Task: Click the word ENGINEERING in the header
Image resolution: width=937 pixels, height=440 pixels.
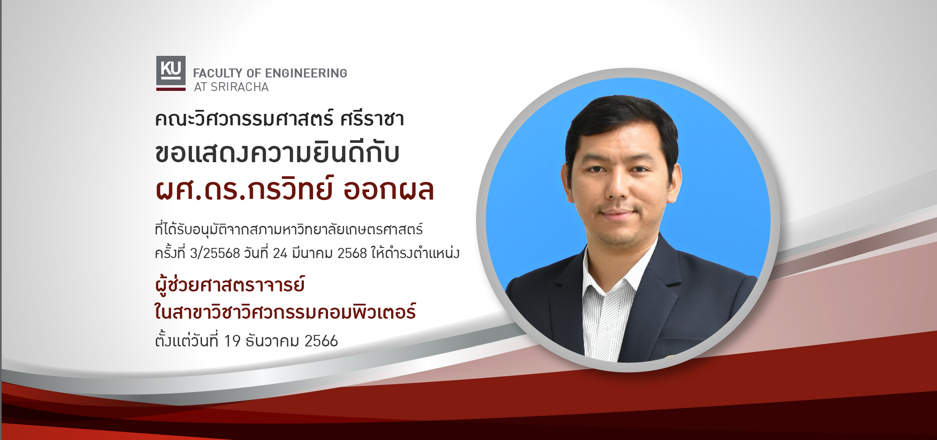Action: click(306, 73)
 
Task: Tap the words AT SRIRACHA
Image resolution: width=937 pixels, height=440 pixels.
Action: click(231, 87)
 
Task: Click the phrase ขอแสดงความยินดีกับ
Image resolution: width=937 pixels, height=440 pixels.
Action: click(277, 153)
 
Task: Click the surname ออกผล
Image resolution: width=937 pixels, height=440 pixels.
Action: click(389, 190)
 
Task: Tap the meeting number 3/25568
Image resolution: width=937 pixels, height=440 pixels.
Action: click(215, 254)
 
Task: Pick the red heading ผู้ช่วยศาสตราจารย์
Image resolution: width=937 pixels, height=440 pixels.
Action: click(230, 285)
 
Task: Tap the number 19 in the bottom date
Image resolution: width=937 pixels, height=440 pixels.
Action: click(232, 341)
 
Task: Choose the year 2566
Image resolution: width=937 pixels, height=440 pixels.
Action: click(321, 341)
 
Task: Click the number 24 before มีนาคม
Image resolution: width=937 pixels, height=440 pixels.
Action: click(280, 254)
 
